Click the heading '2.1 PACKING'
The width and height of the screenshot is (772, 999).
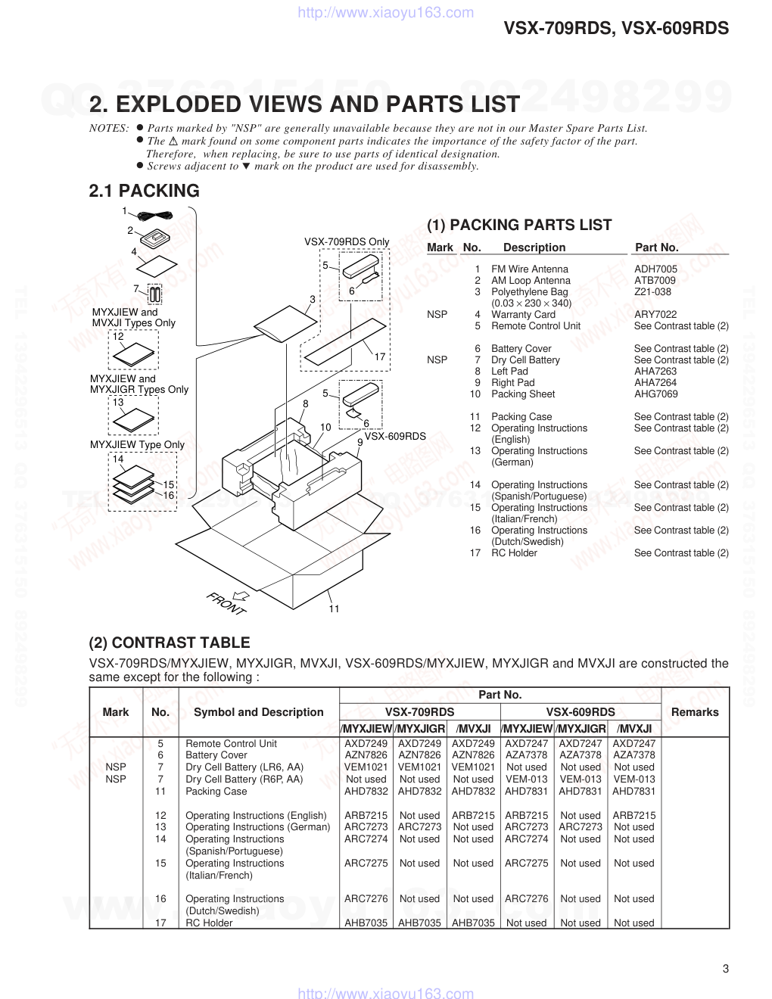click(144, 191)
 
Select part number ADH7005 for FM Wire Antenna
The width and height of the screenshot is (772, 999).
click(655, 269)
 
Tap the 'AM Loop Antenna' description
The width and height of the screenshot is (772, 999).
click(531, 281)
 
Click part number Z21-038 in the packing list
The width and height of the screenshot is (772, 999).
click(652, 292)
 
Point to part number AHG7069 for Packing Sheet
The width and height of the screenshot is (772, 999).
click(655, 394)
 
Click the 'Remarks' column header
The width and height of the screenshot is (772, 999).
click(694, 712)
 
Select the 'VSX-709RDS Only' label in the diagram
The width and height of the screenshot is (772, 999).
click(347, 242)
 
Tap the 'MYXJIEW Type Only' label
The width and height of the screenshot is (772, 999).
click(137, 445)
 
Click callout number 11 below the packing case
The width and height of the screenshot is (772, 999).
click(334, 608)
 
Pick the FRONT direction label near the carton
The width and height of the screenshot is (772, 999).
click(226, 602)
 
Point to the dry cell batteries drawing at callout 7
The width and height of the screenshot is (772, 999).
click(154, 294)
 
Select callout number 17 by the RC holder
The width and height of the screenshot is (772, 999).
click(380, 357)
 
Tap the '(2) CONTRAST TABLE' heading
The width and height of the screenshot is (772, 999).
click(169, 643)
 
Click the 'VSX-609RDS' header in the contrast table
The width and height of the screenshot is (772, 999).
click(581, 712)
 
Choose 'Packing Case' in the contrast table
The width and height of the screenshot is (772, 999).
click(216, 792)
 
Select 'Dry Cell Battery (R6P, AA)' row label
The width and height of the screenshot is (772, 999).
click(244, 780)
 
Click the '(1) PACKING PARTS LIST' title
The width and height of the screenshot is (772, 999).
click(519, 226)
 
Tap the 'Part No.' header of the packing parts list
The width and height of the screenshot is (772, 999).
click(656, 247)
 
